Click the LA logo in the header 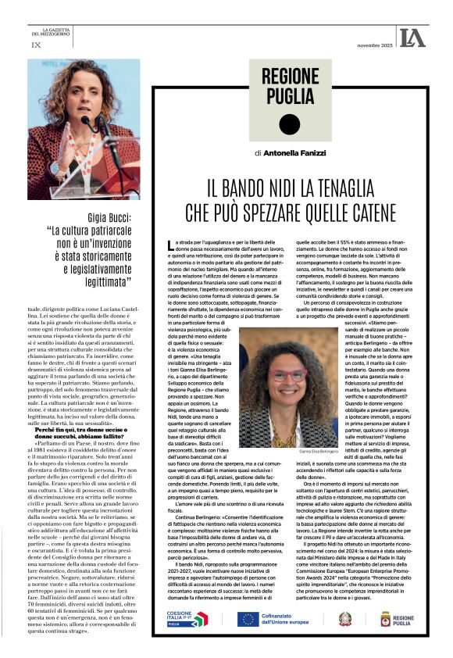(412, 36)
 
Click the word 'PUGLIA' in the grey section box (290, 97)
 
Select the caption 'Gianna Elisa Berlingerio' (291, 451)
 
